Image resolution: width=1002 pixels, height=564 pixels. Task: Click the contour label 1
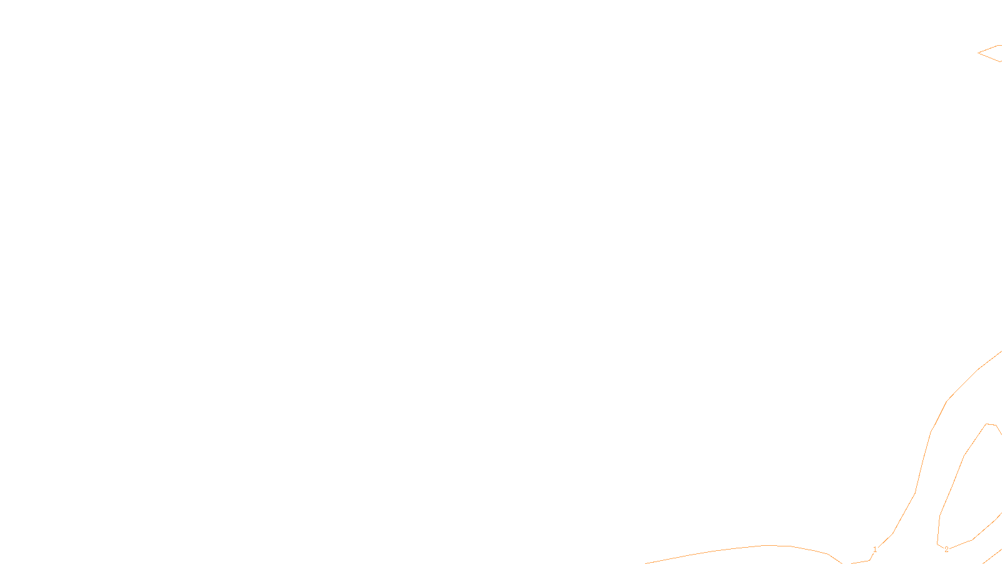pyautogui.click(x=875, y=550)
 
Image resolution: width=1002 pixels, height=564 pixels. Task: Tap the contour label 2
pyautogui.click(x=946, y=550)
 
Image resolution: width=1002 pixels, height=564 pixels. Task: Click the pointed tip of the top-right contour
pyautogui.click(x=978, y=53)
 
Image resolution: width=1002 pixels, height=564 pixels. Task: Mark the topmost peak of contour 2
pyautogui.click(x=987, y=424)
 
